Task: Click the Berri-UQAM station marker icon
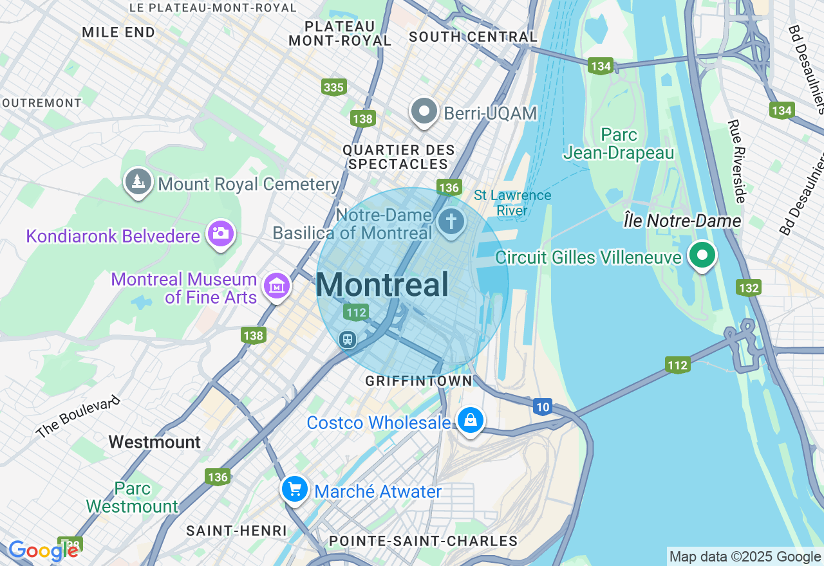coord(424,112)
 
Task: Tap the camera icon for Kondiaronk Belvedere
coord(220,233)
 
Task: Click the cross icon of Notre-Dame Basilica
coord(451,222)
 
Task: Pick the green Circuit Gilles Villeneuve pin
coord(702,255)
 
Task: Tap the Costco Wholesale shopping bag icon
coord(470,421)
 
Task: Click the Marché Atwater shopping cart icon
coord(295,490)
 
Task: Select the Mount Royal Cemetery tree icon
coord(138,182)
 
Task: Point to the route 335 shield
coord(334,86)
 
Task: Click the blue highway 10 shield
coord(542,406)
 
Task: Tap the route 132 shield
coord(749,288)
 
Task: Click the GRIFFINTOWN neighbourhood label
coord(418,381)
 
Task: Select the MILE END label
coord(118,32)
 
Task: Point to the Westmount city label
coord(154,442)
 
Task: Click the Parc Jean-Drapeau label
coord(618,143)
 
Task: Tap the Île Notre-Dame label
coord(682,221)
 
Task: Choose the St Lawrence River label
coord(512,203)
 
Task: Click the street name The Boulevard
coord(79,417)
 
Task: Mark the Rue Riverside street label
coord(736,161)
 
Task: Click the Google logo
coord(44,551)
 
